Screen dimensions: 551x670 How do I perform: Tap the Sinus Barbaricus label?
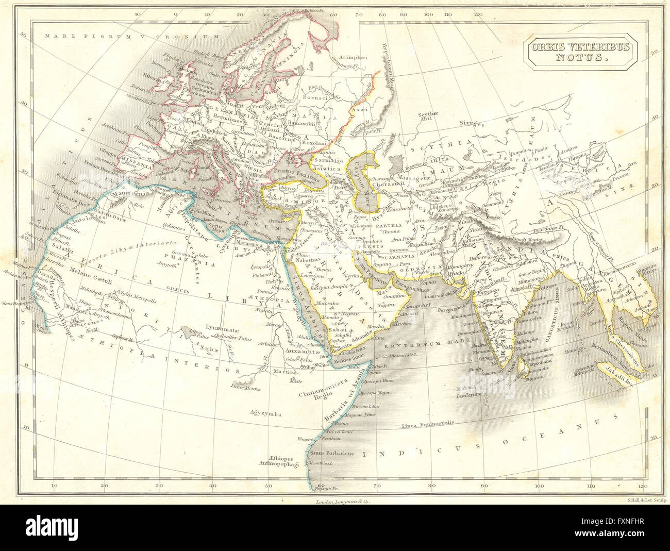[x=332, y=453]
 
